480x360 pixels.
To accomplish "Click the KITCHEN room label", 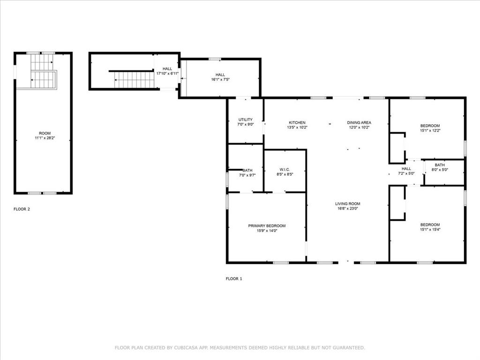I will click(297, 123).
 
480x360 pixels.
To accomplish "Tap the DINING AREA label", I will click(359, 123).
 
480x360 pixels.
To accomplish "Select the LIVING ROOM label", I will click(347, 204).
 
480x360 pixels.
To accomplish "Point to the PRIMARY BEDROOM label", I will click(267, 226).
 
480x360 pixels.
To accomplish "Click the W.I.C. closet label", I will click(285, 170).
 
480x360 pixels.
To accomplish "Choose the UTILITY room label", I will click(245, 120).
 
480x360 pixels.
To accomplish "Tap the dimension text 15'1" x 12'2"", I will click(430, 131).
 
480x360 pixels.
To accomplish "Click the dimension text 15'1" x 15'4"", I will click(430, 230).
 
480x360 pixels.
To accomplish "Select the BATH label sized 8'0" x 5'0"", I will click(440, 165).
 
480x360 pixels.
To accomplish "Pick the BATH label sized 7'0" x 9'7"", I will click(247, 171).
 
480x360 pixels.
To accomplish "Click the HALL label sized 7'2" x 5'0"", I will click(406, 169).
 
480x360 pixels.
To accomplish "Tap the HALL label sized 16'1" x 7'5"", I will click(220, 75).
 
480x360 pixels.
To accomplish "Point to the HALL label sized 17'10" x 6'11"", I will click(167, 69).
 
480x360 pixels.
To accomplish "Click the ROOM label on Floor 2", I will click(45, 134).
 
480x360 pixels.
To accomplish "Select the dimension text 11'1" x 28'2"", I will click(45, 139).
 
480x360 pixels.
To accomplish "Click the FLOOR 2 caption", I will click(22, 209).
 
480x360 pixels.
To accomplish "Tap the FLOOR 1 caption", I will click(234, 278).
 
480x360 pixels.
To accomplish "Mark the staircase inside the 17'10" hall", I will click(134, 80).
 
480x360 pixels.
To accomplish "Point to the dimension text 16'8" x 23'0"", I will click(347, 209).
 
